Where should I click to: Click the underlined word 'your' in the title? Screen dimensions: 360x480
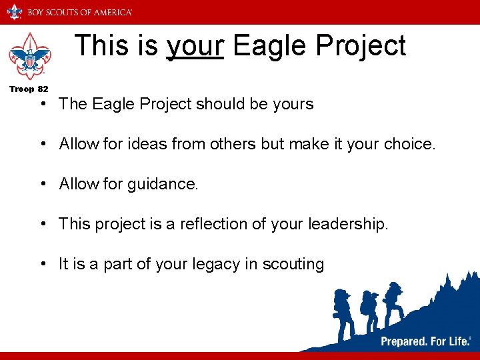(195, 46)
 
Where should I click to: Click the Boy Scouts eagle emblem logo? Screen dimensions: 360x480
(29, 57)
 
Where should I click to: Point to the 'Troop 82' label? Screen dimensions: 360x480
(29, 89)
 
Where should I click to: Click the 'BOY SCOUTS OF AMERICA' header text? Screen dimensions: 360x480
(79, 12)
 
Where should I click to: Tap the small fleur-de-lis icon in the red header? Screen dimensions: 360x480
(14, 11)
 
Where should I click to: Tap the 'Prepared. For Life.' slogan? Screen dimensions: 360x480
(424, 341)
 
